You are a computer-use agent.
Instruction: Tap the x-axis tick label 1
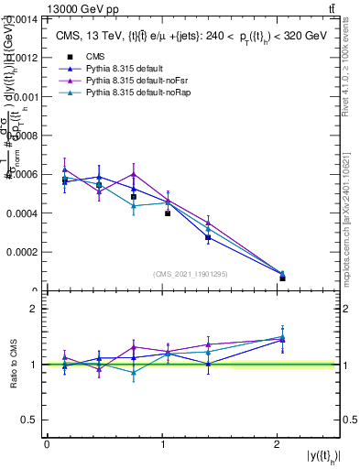(163, 443)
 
